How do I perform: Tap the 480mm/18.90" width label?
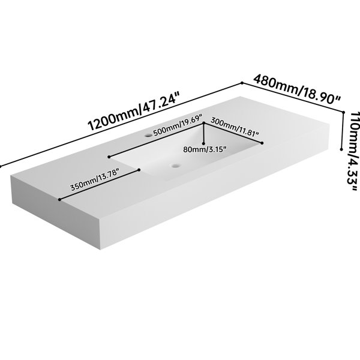297,89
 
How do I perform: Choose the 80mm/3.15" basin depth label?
205,149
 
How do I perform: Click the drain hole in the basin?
176,166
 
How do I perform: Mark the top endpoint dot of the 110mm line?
343,112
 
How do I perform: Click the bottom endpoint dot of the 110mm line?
341,149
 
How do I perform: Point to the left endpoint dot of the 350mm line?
59,200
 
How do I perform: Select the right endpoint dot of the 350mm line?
139,170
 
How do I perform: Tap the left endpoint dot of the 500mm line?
109,157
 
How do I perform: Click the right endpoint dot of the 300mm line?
262,143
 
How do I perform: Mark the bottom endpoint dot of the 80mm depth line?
203,144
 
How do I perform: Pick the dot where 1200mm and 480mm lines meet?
242,83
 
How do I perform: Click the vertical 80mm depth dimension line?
203,133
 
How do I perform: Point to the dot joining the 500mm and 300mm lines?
203,123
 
